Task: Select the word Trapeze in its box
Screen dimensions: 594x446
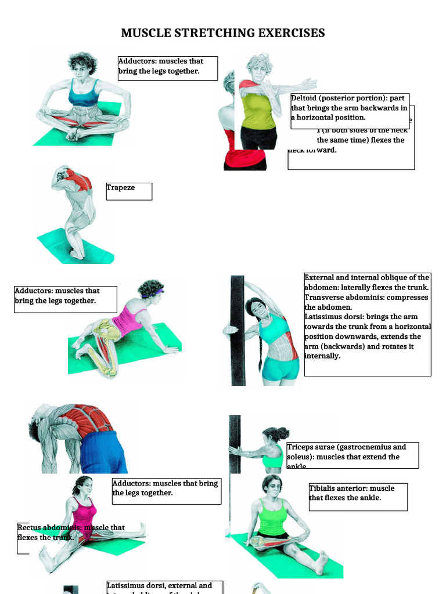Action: tap(121, 187)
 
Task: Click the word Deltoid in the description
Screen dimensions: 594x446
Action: tap(304, 98)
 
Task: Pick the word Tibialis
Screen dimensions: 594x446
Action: tap(323, 488)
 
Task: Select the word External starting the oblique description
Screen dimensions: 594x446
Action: tap(321, 277)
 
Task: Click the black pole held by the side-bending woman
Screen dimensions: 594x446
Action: tap(238, 331)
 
